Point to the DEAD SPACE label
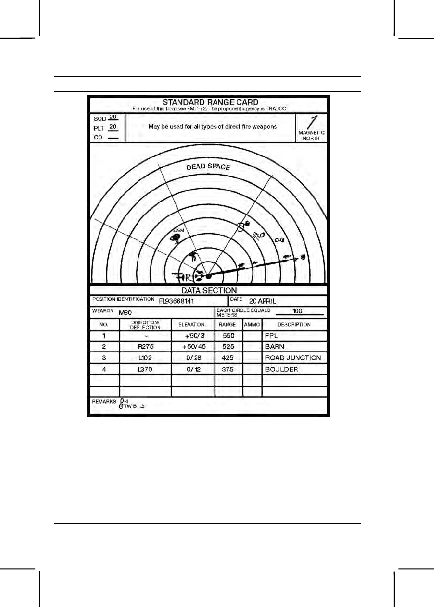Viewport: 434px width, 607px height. tap(208, 167)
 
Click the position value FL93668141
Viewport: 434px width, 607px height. tap(177, 301)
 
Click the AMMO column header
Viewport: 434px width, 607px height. tap(252, 325)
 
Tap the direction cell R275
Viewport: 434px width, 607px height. tap(145, 347)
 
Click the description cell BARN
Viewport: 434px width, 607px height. tap(274, 347)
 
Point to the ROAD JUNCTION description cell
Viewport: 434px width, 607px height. tap(293, 358)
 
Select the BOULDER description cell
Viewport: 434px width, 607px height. tap(281, 370)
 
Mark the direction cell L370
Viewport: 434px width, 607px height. tap(145, 370)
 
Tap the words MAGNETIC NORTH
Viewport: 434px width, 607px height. tap(312, 135)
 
